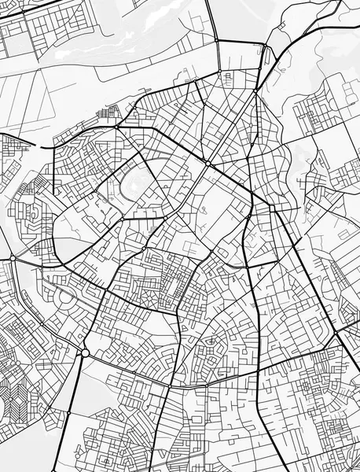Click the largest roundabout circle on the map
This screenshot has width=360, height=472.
click(x=85, y=353)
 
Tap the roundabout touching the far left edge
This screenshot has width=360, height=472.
click(x=13, y=257)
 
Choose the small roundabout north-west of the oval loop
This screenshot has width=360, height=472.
click(x=116, y=127)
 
